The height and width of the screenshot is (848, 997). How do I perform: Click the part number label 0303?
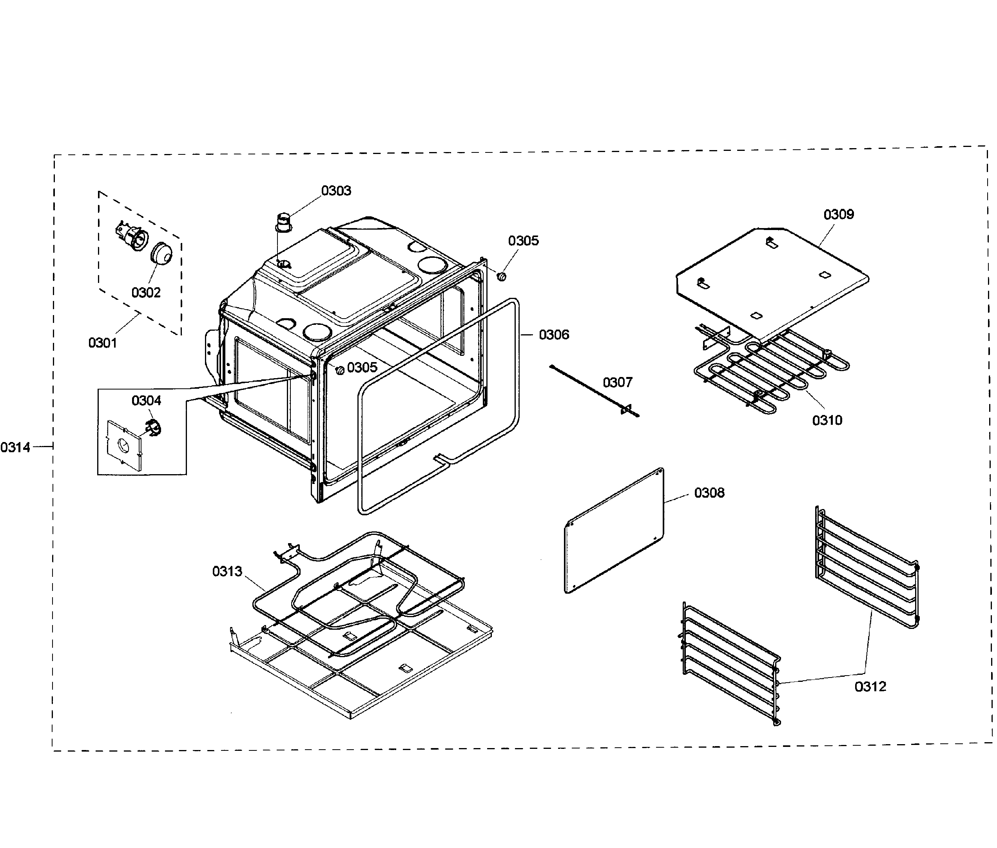[x=335, y=191]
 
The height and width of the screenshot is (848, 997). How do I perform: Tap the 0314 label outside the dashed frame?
[x=15, y=448]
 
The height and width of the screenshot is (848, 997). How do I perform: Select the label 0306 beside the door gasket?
[x=553, y=335]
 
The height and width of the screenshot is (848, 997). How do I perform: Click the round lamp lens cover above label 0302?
[x=161, y=254]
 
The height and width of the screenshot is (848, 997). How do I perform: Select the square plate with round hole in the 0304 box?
[x=123, y=444]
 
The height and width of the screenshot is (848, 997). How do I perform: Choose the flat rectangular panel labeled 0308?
[x=614, y=531]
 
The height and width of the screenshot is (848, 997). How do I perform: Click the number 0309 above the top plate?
[x=838, y=214]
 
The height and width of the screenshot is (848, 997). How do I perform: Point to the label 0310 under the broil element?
[x=827, y=420]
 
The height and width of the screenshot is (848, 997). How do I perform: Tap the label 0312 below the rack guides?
[x=870, y=687]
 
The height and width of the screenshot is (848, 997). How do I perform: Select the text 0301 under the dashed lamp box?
[x=102, y=343]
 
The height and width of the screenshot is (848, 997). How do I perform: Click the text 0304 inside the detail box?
[x=146, y=400]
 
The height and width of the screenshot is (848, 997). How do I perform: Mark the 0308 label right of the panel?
[x=709, y=493]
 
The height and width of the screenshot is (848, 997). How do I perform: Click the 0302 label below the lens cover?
[x=146, y=292]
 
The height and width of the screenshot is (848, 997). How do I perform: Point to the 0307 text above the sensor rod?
[x=617, y=382]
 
